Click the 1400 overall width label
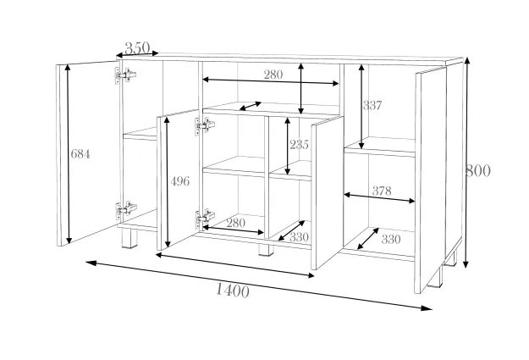pyautogui.click(x=231, y=291)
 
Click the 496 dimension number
pyautogui.click(x=179, y=181)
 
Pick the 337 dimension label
pyautogui.click(x=372, y=106)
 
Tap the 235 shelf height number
pyautogui.click(x=298, y=144)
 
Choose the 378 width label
pyautogui.click(x=381, y=191)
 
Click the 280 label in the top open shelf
pyautogui.click(x=273, y=75)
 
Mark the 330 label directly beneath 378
pyautogui.click(x=390, y=239)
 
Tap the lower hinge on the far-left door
pyautogui.click(x=124, y=208)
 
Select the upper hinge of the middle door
pyautogui.click(x=204, y=127)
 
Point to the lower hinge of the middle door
pyautogui.click(x=204, y=218)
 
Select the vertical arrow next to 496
pyautogui.click(x=167, y=181)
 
